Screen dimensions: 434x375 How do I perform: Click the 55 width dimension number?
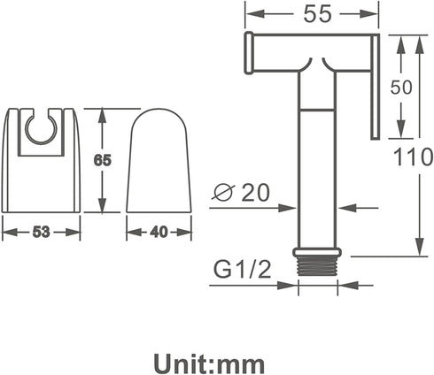click(318, 14)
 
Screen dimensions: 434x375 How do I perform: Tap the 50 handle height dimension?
click(401, 88)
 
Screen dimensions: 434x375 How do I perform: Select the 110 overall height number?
click(414, 157)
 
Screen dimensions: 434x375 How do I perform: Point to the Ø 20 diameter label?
click(241, 192)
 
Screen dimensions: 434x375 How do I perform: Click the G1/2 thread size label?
click(242, 270)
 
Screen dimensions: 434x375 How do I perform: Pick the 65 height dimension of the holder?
click(102, 161)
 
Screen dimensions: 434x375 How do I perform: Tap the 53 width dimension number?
click(41, 232)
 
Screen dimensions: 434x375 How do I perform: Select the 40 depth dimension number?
click(159, 232)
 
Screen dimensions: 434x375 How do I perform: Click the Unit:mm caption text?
click(209, 365)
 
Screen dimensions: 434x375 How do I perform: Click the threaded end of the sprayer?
click(317, 265)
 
